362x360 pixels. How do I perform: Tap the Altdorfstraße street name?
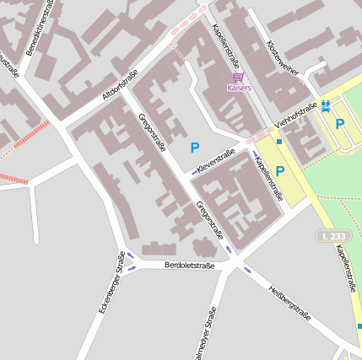121,86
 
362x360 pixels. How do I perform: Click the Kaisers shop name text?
239,87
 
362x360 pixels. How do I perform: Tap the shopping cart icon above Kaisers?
239,77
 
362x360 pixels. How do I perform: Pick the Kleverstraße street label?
215,162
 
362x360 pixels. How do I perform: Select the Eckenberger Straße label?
111,289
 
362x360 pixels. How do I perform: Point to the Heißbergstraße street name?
289,304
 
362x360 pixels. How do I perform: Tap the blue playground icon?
325,105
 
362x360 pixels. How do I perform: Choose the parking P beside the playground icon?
340,124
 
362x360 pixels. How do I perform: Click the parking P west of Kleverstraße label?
195,148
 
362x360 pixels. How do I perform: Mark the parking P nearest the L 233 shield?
280,171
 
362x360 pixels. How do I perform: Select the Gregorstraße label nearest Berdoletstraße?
209,221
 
